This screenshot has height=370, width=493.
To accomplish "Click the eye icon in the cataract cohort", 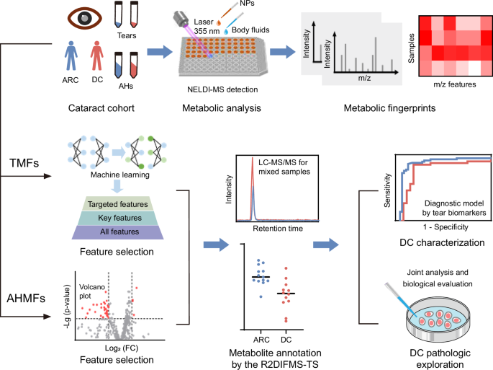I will tap(76, 19).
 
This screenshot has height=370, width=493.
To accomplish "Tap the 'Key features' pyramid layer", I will tap(118, 217).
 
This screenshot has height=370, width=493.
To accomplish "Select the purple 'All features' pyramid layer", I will tap(118, 232).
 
